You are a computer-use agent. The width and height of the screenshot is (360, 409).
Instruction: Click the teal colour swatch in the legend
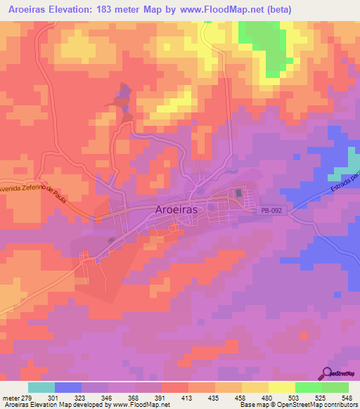point(41,387)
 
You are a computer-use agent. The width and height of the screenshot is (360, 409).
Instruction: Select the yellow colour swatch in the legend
point(281,387)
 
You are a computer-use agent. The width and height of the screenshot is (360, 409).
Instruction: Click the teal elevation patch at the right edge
point(345,173)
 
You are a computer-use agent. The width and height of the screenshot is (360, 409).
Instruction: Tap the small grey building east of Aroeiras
point(238,193)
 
